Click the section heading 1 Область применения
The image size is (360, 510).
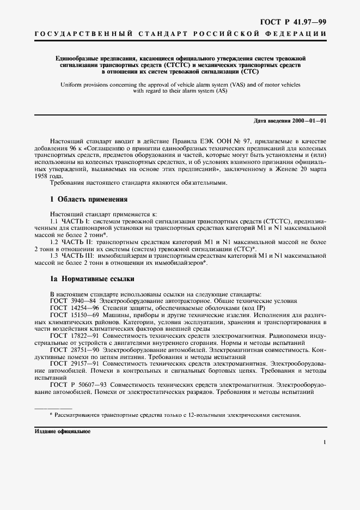(x=89, y=199)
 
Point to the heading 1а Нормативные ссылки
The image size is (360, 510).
(x=91, y=279)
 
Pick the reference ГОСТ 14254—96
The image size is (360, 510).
(x=73, y=308)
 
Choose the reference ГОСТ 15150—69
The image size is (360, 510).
(x=73, y=315)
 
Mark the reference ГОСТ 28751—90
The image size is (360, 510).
(x=73, y=350)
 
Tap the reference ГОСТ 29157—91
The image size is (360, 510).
(x=73, y=364)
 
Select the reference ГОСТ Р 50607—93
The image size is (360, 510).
(x=75, y=385)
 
